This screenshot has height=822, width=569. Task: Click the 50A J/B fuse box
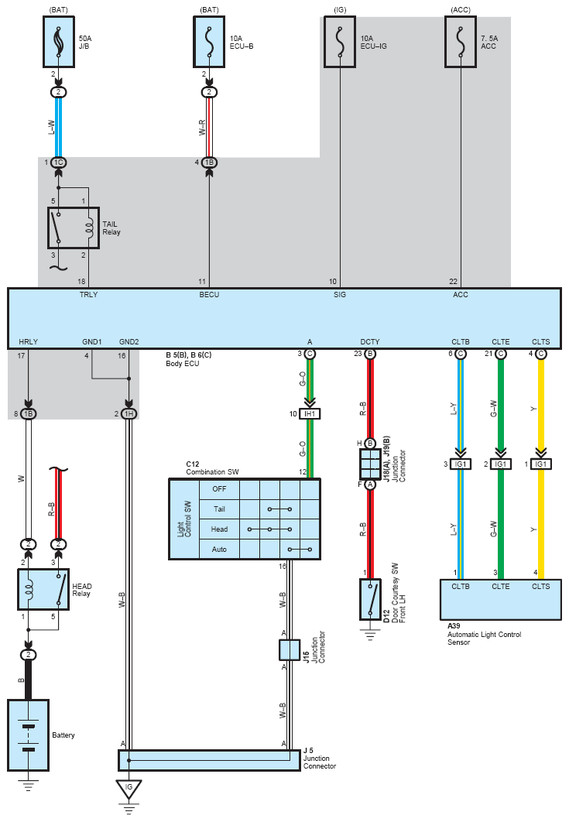59,42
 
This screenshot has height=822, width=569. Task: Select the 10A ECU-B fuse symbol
209,42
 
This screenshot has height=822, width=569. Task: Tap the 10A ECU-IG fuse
340,42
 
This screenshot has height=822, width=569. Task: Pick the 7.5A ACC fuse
461,42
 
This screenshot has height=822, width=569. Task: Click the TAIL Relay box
74,228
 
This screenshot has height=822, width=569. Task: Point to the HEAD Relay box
43,590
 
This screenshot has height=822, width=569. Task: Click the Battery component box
29,735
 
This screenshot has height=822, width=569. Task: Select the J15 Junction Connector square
290,650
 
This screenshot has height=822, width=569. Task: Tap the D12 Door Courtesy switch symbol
370,599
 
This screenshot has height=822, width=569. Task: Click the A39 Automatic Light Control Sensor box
501,600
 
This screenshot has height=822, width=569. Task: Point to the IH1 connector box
310,414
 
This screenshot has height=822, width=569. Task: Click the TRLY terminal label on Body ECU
88,295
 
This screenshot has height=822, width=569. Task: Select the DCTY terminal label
370,342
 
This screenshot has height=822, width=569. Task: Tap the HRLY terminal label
29,342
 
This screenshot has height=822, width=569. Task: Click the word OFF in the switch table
219,489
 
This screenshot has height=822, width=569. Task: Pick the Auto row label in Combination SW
219,550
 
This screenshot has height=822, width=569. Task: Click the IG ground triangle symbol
129,789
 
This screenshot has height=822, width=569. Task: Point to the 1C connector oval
59,163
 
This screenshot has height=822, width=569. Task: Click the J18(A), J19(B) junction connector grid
370,464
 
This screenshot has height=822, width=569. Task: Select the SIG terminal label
340,295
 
